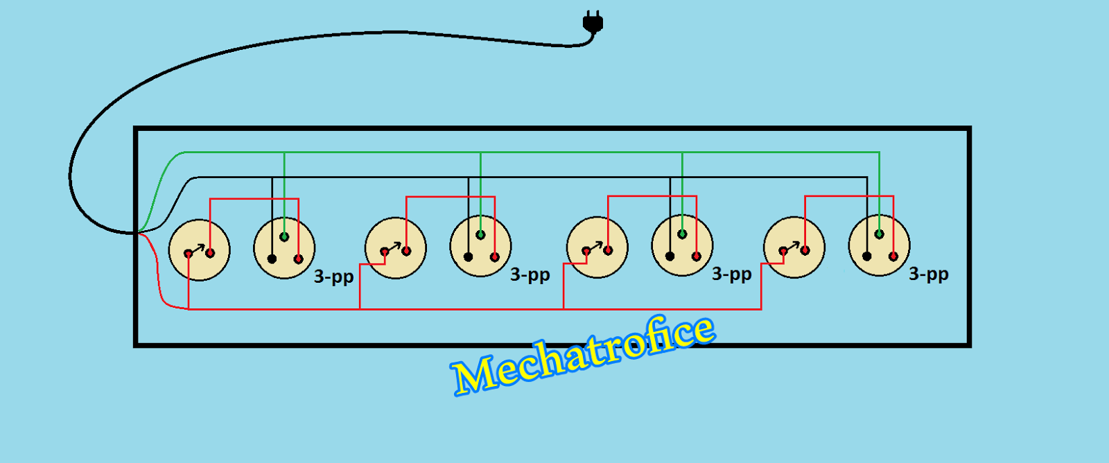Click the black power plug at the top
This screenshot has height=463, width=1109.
tap(593, 23)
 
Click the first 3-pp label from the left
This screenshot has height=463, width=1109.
tap(333, 277)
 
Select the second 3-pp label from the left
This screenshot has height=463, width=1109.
tap(530, 274)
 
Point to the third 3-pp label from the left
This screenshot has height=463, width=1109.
tap(731, 274)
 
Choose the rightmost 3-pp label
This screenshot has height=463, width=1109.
tap(928, 274)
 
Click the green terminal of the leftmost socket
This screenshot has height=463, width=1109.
tap(284, 237)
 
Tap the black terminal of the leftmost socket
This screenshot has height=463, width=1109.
tap(272, 259)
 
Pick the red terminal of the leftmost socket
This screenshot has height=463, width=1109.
tap(299, 259)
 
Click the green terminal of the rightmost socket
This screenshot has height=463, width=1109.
tap(879, 234)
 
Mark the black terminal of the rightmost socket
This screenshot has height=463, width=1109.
tap(866, 256)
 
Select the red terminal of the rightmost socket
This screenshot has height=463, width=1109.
tap(893, 256)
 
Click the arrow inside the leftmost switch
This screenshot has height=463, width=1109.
tap(198, 249)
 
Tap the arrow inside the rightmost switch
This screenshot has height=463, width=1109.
tap(793, 246)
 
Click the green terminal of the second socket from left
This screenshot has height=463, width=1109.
tap(480, 235)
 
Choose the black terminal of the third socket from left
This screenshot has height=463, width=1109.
tap(670, 256)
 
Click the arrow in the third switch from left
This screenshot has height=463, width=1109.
tap(595, 247)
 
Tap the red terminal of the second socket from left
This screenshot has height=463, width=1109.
tap(494, 257)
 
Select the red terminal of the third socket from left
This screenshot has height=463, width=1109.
tap(696, 256)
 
